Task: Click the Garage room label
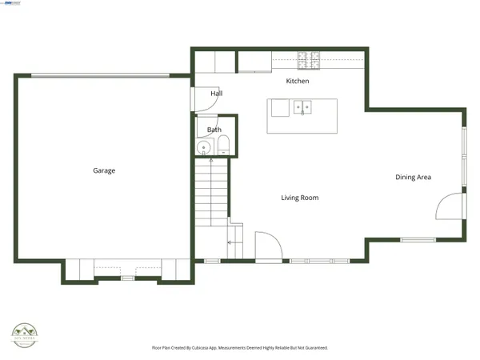tap(104, 170)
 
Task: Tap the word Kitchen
tap(298, 82)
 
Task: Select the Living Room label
tap(299, 198)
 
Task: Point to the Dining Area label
tap(413, 177)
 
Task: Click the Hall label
tap(216, 94)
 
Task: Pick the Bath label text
tap(214, 130)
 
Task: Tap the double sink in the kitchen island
tap(302, 106)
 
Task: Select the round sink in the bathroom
tap(205, 147)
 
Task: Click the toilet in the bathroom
tap(223, 146)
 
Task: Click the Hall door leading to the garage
tap(200, 96)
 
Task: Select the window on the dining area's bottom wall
tap(418, 240)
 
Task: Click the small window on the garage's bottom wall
tap(126, 278)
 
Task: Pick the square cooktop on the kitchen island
tap(279, 108)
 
